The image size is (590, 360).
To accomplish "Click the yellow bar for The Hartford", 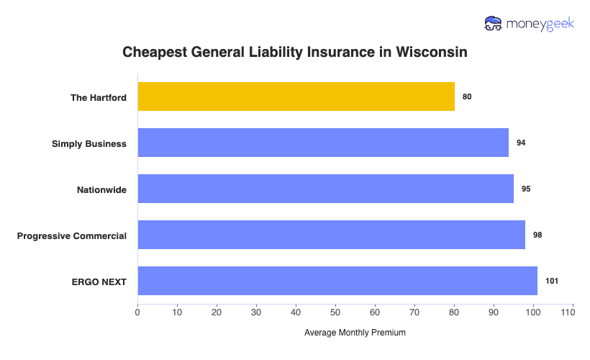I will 296,96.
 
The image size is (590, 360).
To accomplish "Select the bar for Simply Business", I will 323,143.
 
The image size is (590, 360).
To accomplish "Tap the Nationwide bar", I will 325,189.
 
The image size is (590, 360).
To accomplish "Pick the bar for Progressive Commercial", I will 331,235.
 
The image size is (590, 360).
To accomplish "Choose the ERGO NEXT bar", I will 337,281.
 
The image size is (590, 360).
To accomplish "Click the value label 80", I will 467,96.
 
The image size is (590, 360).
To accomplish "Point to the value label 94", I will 521,143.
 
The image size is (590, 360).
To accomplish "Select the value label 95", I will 526,189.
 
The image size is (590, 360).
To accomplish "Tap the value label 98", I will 537,235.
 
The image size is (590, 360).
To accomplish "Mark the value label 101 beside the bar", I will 552,281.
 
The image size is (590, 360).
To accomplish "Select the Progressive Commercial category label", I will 72,235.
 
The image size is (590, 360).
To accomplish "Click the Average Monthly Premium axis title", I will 355,333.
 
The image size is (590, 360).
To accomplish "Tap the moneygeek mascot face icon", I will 494,24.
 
